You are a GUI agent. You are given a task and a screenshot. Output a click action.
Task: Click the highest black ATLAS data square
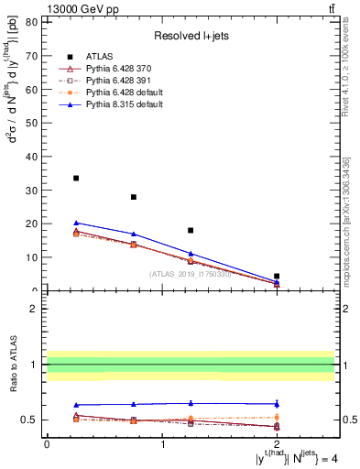click(x=76, y=178)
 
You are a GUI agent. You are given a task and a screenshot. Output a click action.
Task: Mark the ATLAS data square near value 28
click(x=134, y=197)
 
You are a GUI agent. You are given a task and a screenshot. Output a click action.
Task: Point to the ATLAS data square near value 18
click(x=191, y=231)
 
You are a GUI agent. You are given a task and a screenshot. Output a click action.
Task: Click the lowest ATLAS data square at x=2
click(x=277, y=276)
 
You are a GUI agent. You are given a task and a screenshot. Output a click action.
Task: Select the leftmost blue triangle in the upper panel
click(x=76, y=223)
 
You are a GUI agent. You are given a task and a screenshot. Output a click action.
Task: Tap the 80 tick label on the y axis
click(x=34, y=21)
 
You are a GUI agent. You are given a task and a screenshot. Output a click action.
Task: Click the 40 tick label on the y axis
click(x=34, y=156)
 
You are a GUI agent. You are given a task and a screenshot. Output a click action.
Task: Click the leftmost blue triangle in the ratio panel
click(x=76, y=405)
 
